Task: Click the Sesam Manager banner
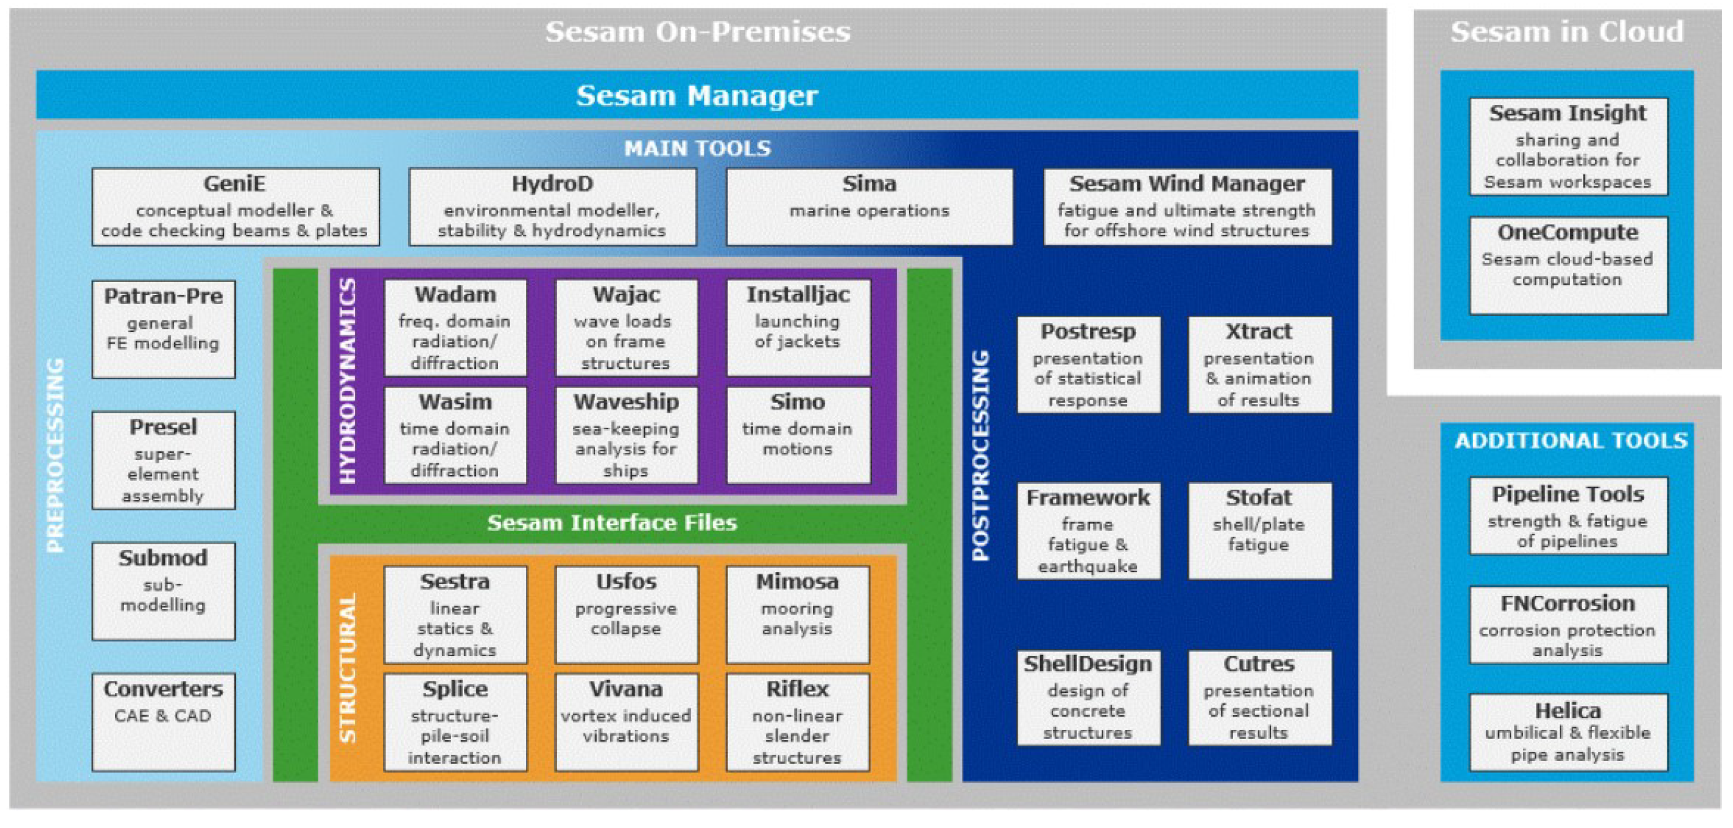click(697, 95)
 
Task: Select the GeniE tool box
click(235, 206)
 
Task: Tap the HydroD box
click(552, 206)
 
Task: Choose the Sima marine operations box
click(869, 206)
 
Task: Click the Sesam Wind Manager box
click(1187, 206)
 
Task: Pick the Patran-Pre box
click(163, 329)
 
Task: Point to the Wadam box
click(455, 327)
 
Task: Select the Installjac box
click(798, 327)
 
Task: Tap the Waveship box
click(626, 435)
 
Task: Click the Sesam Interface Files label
click(612, 523)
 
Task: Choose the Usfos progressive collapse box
click(626, 614)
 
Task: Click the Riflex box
click(798, 722)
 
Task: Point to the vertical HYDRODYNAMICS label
click(348, 381)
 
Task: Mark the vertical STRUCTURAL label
click(348, 668)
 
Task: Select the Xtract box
click(1259, 365)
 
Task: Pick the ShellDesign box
click(1088, 698)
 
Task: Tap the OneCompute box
click(1568, 265)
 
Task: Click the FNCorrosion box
click(1568, 625)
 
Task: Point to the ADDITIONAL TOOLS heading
click(1571, 441)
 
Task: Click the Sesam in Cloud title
click(1567, 32)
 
